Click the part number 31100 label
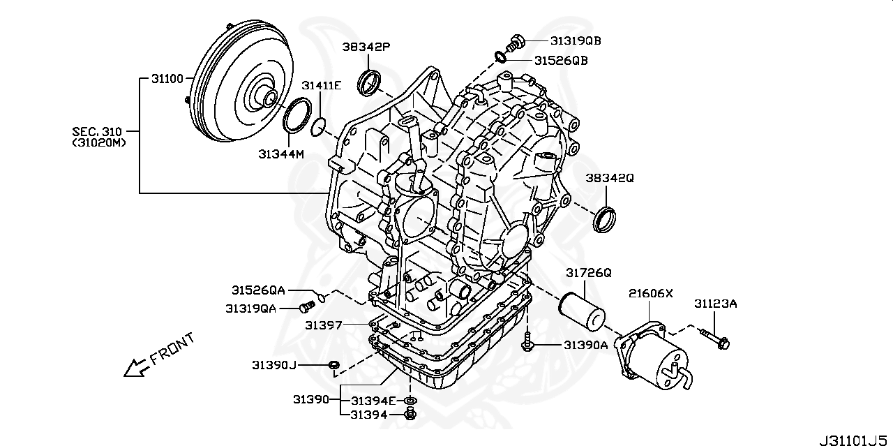point(167,80)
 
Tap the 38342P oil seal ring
point(369,82)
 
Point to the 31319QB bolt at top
point(516,42)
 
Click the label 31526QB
point(561,61)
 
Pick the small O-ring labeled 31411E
point(318,126)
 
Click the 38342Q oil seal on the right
point(605,218)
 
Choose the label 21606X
point(650,293)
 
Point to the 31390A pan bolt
point(528,343)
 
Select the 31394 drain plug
point(410,415)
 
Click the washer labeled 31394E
point(410,401)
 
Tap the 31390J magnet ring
point(334,364)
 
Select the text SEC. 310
point(96,131)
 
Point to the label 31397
point(323,325)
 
